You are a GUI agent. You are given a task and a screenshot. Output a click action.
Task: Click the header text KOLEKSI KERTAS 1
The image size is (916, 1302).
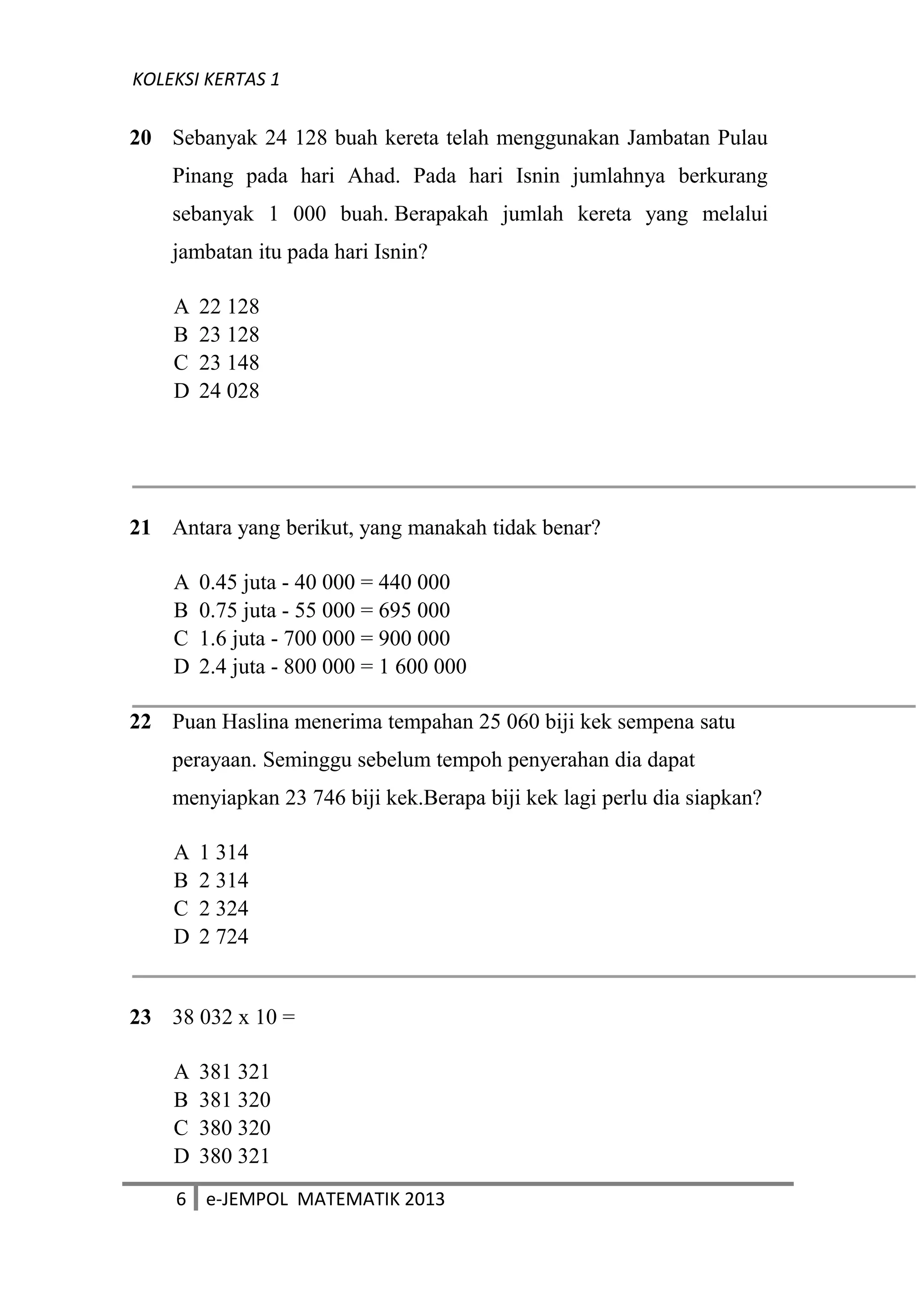(x=206, y=79)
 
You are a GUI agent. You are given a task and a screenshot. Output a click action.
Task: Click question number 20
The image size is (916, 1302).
(x=140, y=138)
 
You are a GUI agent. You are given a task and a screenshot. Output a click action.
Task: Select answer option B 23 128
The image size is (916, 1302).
(x=216, y=335)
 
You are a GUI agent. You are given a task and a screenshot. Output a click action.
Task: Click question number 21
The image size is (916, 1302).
(x=140, y=528)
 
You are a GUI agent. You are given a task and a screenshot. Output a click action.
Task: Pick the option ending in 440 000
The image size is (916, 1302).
(x=311, y=583)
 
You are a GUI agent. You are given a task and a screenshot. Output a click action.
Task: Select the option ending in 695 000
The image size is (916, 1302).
(x=311, y=611)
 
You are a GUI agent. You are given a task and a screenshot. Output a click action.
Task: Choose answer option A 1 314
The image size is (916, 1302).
(x=211, y=852)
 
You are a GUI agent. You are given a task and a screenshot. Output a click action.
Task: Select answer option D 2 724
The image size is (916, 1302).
(x=211, y=936)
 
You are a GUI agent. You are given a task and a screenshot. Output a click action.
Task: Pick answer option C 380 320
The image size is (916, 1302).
(x=222, y=1128)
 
